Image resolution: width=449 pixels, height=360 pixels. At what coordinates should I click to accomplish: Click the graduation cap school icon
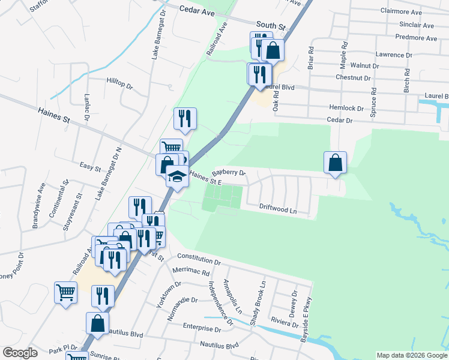[177, 176]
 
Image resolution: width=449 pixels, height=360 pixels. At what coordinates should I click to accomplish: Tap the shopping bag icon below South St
[273, 50]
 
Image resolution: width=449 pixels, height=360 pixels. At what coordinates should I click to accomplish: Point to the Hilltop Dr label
[119, 82]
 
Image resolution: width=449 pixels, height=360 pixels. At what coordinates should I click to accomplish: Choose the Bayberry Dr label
[229, 172]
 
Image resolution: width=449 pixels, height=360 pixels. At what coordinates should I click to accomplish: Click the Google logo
[20, 353]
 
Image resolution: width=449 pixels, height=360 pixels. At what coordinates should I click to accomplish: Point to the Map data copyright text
[411, 355]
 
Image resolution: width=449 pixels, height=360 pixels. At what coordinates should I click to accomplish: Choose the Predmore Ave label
[417, 38]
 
